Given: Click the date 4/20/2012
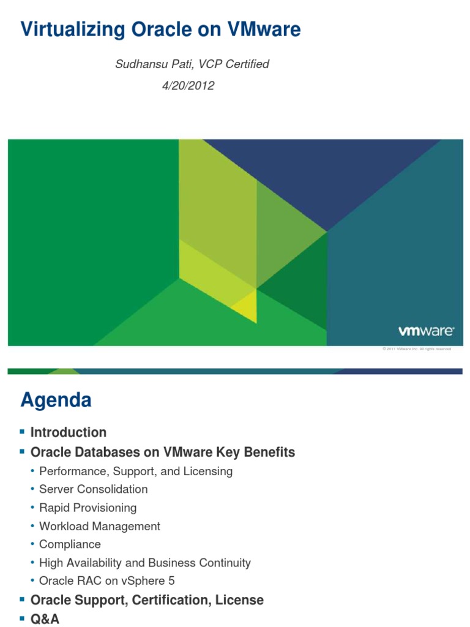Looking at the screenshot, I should click(188, 86).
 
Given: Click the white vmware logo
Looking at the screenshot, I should click(426, 331).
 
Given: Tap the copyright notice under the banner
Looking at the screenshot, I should click(416, 349).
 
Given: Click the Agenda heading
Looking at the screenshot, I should click(56, 400).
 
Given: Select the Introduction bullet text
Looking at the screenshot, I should click(69, 432).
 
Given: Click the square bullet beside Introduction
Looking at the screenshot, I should click(23, 432).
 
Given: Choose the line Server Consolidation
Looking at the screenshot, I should click(93, 489).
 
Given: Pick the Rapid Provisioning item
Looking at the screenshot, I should click(88, 508).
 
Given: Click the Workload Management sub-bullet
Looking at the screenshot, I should click(99, 526).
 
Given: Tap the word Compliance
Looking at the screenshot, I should click(70, 544).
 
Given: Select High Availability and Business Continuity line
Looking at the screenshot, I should click(144, 563).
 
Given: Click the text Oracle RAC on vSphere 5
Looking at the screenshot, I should click(106, 581).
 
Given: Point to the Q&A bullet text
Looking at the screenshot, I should click(45, 619).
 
